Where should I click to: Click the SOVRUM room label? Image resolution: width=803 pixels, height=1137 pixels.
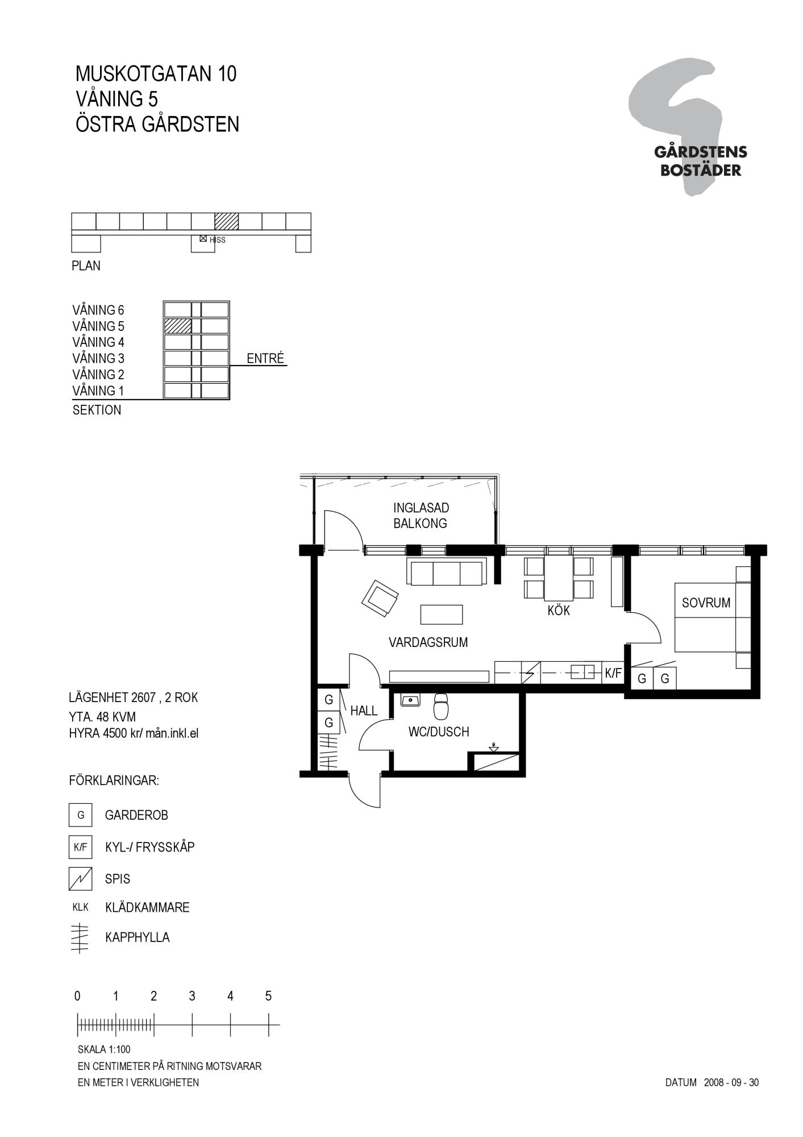[706, 603]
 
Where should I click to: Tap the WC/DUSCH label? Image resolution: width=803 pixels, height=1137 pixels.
[439, 732]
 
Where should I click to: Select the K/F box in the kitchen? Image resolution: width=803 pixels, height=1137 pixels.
[613, 673]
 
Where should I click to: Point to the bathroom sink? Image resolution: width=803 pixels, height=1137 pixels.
[410, 700]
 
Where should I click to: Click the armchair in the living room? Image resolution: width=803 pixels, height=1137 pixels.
[380, 598]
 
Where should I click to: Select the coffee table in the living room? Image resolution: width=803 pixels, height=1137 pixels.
[442, 615]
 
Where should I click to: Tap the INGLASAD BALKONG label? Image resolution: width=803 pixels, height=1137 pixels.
[421, 516]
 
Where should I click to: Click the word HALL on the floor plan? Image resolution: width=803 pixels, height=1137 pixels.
[364, 711]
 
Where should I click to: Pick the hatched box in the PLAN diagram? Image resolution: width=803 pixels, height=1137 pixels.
[226, 221]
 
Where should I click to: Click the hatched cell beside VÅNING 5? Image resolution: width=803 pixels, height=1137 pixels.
[177, 326]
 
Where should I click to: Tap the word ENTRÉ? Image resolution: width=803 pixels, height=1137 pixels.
[265, 358]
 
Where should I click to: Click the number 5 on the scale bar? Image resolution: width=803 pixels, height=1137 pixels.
[268, 996]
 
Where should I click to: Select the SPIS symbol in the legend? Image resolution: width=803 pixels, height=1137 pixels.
[80, 878]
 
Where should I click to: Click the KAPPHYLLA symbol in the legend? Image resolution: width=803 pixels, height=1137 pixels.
[80, 937]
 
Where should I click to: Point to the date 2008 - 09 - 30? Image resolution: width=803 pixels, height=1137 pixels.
[731, 1082]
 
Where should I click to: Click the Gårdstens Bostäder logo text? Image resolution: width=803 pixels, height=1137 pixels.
[701, 161]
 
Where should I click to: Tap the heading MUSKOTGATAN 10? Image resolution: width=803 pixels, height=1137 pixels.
[156, 74]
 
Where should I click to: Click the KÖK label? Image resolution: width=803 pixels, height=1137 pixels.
[559, 611]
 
